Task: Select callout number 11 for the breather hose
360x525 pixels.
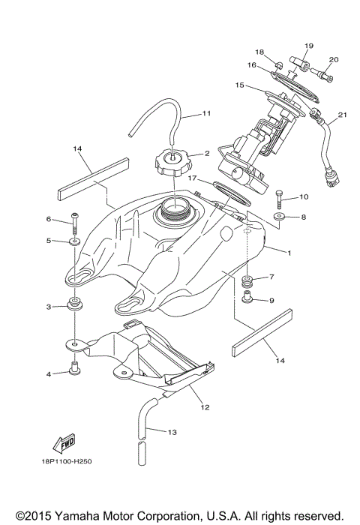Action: [207, 115]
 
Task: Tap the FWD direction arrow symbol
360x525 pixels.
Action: [67, 442]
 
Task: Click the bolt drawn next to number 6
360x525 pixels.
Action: [76, 220]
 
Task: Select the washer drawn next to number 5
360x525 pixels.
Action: [76, 241]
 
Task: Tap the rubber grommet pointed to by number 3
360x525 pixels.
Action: [76, 305]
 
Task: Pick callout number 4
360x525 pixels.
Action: [49, 373]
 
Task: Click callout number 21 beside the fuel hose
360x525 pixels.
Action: [342, 115]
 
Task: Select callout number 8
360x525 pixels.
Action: [304, 217]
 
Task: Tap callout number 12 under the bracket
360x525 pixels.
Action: [204, 407]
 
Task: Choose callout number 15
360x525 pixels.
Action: [240, 85]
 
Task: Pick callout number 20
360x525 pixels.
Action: [334, 59]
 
